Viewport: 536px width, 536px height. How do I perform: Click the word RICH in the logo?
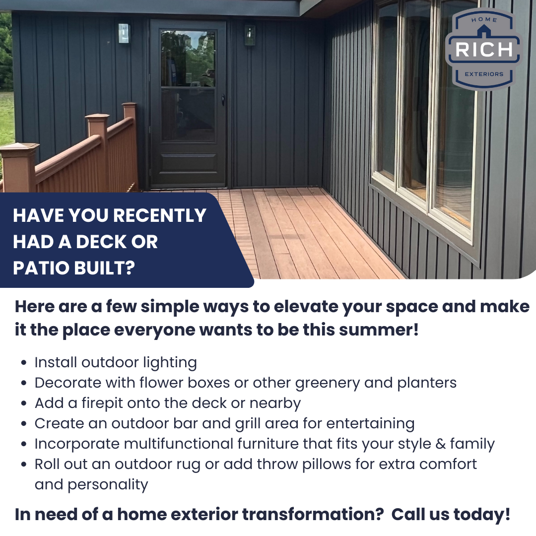click(x=483, y=50)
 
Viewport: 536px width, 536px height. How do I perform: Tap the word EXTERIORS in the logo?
click(x=483, y=74)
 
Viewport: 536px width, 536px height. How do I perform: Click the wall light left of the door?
click(x=123, y=33)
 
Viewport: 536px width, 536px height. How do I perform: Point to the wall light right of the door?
click(x=249, y=35)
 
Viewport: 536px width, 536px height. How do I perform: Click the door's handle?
click(x=223, y=100)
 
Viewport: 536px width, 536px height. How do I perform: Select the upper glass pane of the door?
click(x=188, y=58)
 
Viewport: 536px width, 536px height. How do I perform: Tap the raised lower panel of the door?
click(x=188, y=163)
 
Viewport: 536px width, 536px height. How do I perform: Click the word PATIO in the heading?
click(x=41, y=268)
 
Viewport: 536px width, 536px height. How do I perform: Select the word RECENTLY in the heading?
click(x=159, y=215)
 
